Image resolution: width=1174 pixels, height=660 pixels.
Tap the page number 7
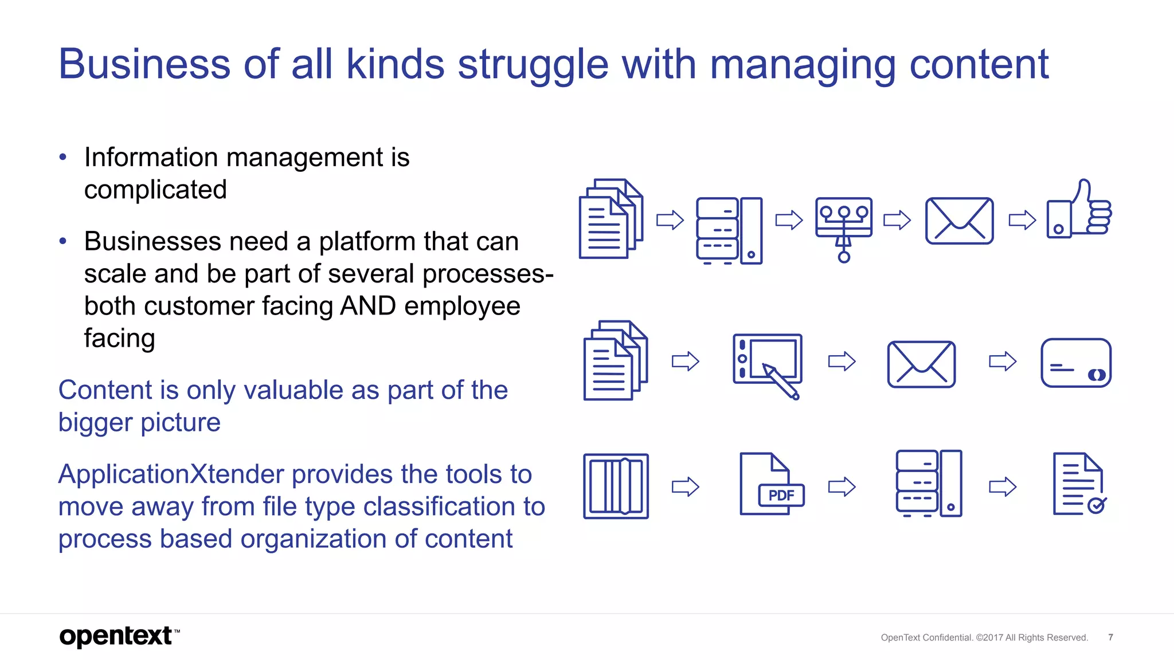[1110, 637]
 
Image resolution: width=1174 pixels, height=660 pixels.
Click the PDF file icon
[771, 485]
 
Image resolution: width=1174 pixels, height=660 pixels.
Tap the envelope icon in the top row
[959, 221]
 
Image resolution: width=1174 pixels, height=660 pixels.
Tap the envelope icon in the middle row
[921, 364]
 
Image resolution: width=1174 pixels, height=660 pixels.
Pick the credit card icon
[1075, 363]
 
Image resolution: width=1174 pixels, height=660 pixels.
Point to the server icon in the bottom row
[929, 484]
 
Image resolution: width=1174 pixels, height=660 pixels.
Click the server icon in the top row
[729, 230]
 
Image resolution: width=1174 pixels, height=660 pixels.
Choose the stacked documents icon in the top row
[611, 219]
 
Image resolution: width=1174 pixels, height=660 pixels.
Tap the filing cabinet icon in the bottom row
[616, 486]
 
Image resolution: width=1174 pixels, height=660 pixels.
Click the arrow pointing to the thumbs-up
[1022, 220]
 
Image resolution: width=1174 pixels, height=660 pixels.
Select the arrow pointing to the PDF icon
[685, 486]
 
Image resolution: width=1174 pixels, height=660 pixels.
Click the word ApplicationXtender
[171, 474]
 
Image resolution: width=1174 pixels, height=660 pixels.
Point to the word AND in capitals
[367, 306]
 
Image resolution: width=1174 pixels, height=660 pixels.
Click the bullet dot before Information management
[63, 157]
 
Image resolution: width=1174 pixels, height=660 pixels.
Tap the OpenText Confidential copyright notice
[984, 637]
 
